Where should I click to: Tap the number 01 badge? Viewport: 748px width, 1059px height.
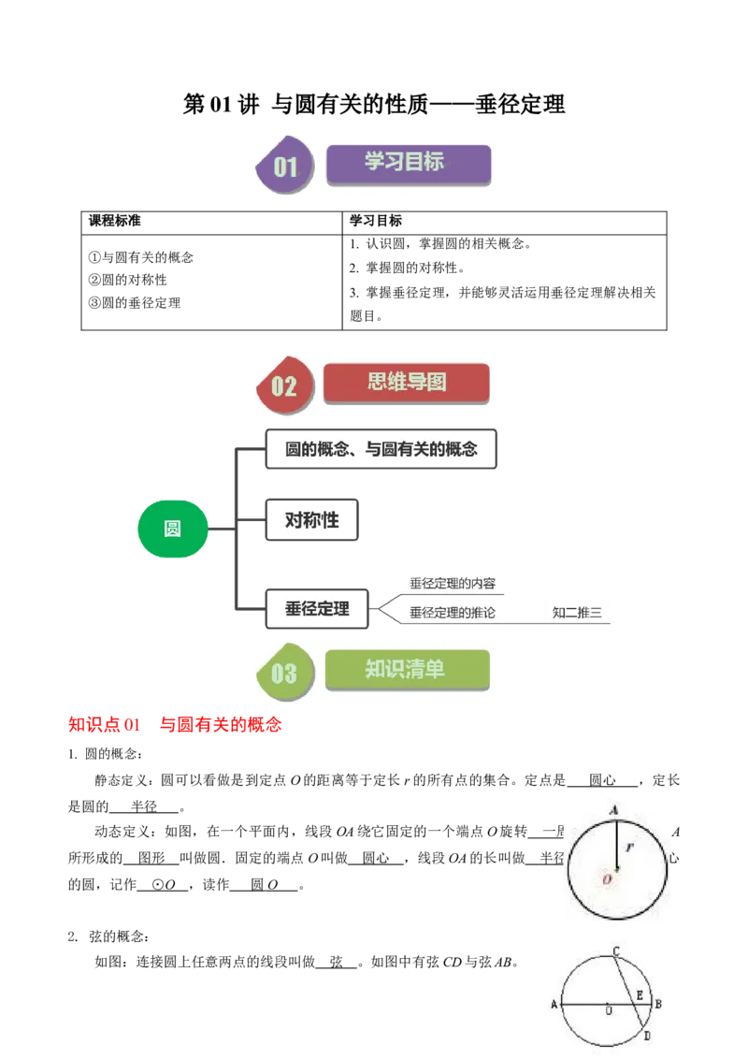(x=285, y=167)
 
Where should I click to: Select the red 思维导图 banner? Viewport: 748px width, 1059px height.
(x=406, y=383)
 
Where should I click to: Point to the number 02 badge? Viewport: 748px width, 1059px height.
(x=283, y=385)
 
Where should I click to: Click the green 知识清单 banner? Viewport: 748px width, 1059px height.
(x=407, y=670)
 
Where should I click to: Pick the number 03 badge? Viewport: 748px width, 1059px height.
(x=283, y=673)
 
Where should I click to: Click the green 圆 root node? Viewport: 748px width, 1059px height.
(x=172, y=529)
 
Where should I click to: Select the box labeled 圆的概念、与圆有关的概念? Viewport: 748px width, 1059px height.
(x=381, y=449)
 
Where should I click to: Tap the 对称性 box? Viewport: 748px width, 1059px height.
(x=311, y=520)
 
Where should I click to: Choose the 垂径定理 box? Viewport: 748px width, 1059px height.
(x=317, y=609)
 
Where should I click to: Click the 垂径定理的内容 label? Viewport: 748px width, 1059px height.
(x=453, y=584)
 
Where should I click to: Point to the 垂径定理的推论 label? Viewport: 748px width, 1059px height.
(x=453, y=614)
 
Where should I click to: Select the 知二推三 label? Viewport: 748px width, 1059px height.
(x=577, y=614)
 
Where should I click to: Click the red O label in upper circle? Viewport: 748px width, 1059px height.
(x=608, y=879)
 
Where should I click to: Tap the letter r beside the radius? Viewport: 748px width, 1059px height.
(x=631, y=848)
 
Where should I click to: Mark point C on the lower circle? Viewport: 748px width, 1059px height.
(x=616, y=951)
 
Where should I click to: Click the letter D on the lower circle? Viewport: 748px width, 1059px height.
(x=647, y=1036)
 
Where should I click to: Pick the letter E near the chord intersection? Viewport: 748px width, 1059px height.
(x=640, y=995)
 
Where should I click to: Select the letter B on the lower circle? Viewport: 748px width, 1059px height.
(x=658, y=1005)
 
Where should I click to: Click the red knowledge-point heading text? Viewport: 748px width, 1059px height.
(x=175, y=724)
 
